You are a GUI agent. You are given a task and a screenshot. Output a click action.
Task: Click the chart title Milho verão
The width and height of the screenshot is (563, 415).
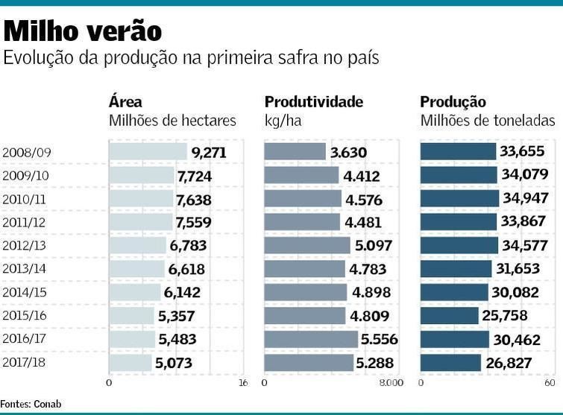point(82,31)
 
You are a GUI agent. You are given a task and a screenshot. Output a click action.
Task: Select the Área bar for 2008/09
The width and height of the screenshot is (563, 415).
point(148,152)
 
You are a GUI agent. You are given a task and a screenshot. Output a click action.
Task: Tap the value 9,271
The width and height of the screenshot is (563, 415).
point(208,153)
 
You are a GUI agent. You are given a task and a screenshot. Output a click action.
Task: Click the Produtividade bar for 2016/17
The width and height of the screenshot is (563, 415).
point(311,340)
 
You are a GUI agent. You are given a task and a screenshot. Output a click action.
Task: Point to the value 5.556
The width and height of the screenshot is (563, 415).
point(379,340)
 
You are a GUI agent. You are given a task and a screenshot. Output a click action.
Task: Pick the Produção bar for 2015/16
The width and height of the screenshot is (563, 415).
point(450,316)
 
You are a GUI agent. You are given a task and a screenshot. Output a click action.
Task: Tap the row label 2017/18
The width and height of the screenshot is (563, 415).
point(24,364)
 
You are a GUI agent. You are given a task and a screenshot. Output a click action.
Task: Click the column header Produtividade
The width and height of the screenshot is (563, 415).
point(313,102)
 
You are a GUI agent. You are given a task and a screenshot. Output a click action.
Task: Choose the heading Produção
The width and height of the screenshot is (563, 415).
point(453,102)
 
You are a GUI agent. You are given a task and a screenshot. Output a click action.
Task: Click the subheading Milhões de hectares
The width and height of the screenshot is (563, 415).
point(172,121)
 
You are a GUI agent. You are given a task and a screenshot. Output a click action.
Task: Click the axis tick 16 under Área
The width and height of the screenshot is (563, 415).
point(242,383)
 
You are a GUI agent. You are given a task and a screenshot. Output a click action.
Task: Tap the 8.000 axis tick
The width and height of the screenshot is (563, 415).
point(391,383)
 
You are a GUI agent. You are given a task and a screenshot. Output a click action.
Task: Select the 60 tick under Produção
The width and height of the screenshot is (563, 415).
point(550,383)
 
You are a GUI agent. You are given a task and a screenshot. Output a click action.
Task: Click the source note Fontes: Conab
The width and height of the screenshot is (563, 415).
point(31,404)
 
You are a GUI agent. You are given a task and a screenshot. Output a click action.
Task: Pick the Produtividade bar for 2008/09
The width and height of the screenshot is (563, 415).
point(295,152)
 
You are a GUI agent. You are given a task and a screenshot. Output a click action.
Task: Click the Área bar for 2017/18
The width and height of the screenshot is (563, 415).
point(130,363)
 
